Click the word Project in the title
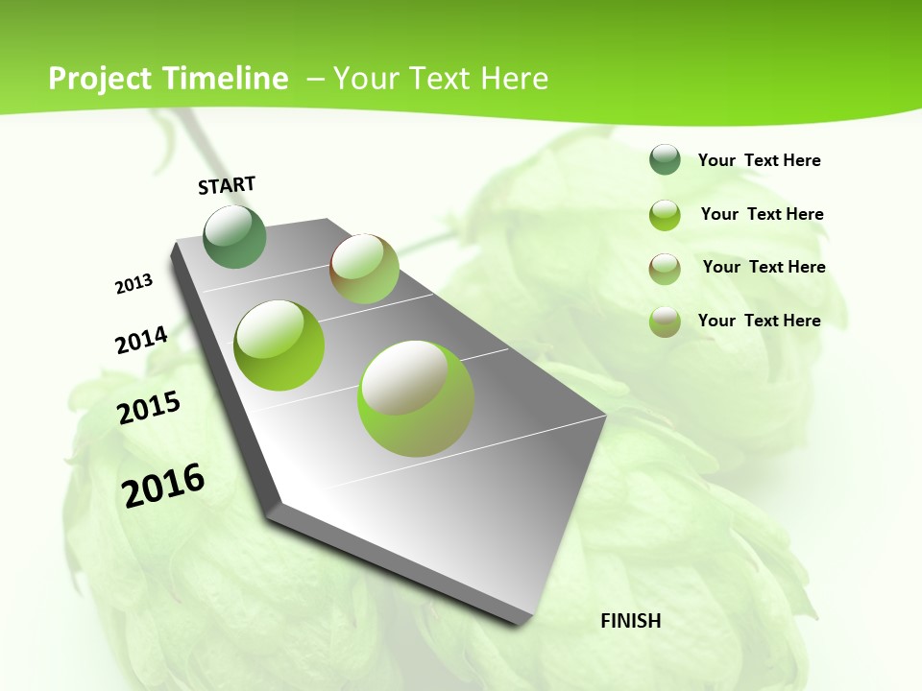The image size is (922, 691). (x=98, y=79)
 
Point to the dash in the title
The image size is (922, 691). (x=315, y=79)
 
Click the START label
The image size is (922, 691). (x=227, y=185)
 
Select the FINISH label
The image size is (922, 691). (x=630, y=620)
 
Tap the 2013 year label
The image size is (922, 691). (x=134, y=284)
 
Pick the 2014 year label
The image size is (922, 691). (x=141, y=340)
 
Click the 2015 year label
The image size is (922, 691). (x=149, y=408)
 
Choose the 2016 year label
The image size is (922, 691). (x=163, y=485)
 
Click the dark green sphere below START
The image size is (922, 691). (x=235, y=236)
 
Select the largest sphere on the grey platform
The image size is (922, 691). (x=416, y=397)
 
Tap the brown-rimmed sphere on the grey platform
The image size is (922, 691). (x=364, y=268)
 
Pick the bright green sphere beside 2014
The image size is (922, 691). (x=279, y=345)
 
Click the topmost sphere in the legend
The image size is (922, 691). (x=665, y=159)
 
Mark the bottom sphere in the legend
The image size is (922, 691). (x=665, y=321)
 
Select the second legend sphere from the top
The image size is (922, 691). (x=665, y=214)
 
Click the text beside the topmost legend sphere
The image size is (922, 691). (x=759, y=160)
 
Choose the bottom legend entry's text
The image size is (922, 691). (x=759, y=321)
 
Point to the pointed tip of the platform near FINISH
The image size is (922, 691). (x=521, y=622)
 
